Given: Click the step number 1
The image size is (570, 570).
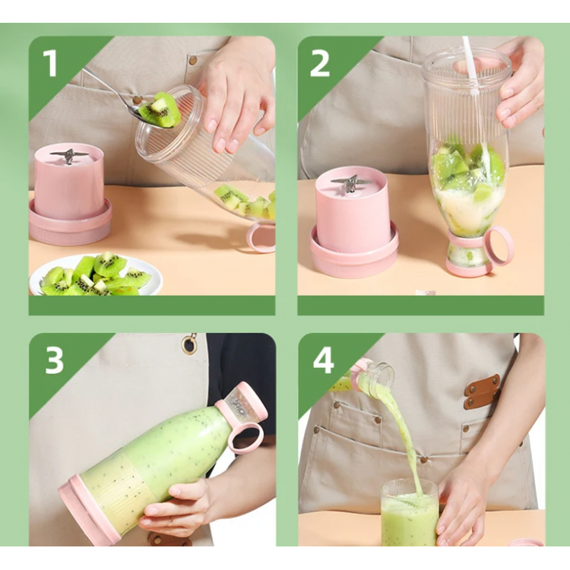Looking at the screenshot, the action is pos(50,63).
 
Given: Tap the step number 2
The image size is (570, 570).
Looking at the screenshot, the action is pos(319,63).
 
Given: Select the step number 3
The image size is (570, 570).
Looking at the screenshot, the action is pos(54,359).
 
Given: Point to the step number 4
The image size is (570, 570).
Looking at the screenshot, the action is pos(323,359).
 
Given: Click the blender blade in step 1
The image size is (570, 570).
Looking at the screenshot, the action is pos(69,156).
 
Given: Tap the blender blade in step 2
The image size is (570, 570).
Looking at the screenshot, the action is pos(351,184).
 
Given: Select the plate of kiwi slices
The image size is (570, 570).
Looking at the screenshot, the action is pos(96,274).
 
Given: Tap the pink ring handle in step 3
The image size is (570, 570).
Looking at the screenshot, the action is pos(245,438).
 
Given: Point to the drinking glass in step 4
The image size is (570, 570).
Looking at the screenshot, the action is pos(409,512).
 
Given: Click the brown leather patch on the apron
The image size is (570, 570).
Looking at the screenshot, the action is pos(482,391).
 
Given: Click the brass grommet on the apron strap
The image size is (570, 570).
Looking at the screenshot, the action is pos(188,344).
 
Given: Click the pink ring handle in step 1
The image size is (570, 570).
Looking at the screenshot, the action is pos(260,238).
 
